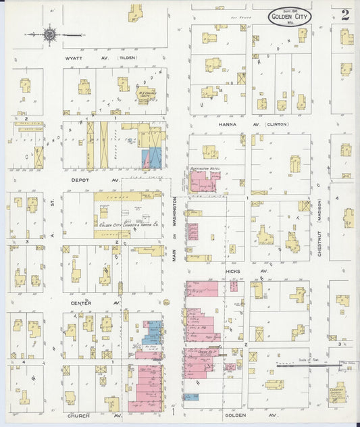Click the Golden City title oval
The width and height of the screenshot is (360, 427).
289,18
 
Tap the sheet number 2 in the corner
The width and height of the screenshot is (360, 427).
345,15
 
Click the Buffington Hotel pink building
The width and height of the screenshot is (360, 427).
204,182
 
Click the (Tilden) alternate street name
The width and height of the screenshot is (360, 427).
127,58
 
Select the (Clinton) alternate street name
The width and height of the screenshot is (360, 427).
276,124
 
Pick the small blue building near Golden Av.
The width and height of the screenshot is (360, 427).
192,397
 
